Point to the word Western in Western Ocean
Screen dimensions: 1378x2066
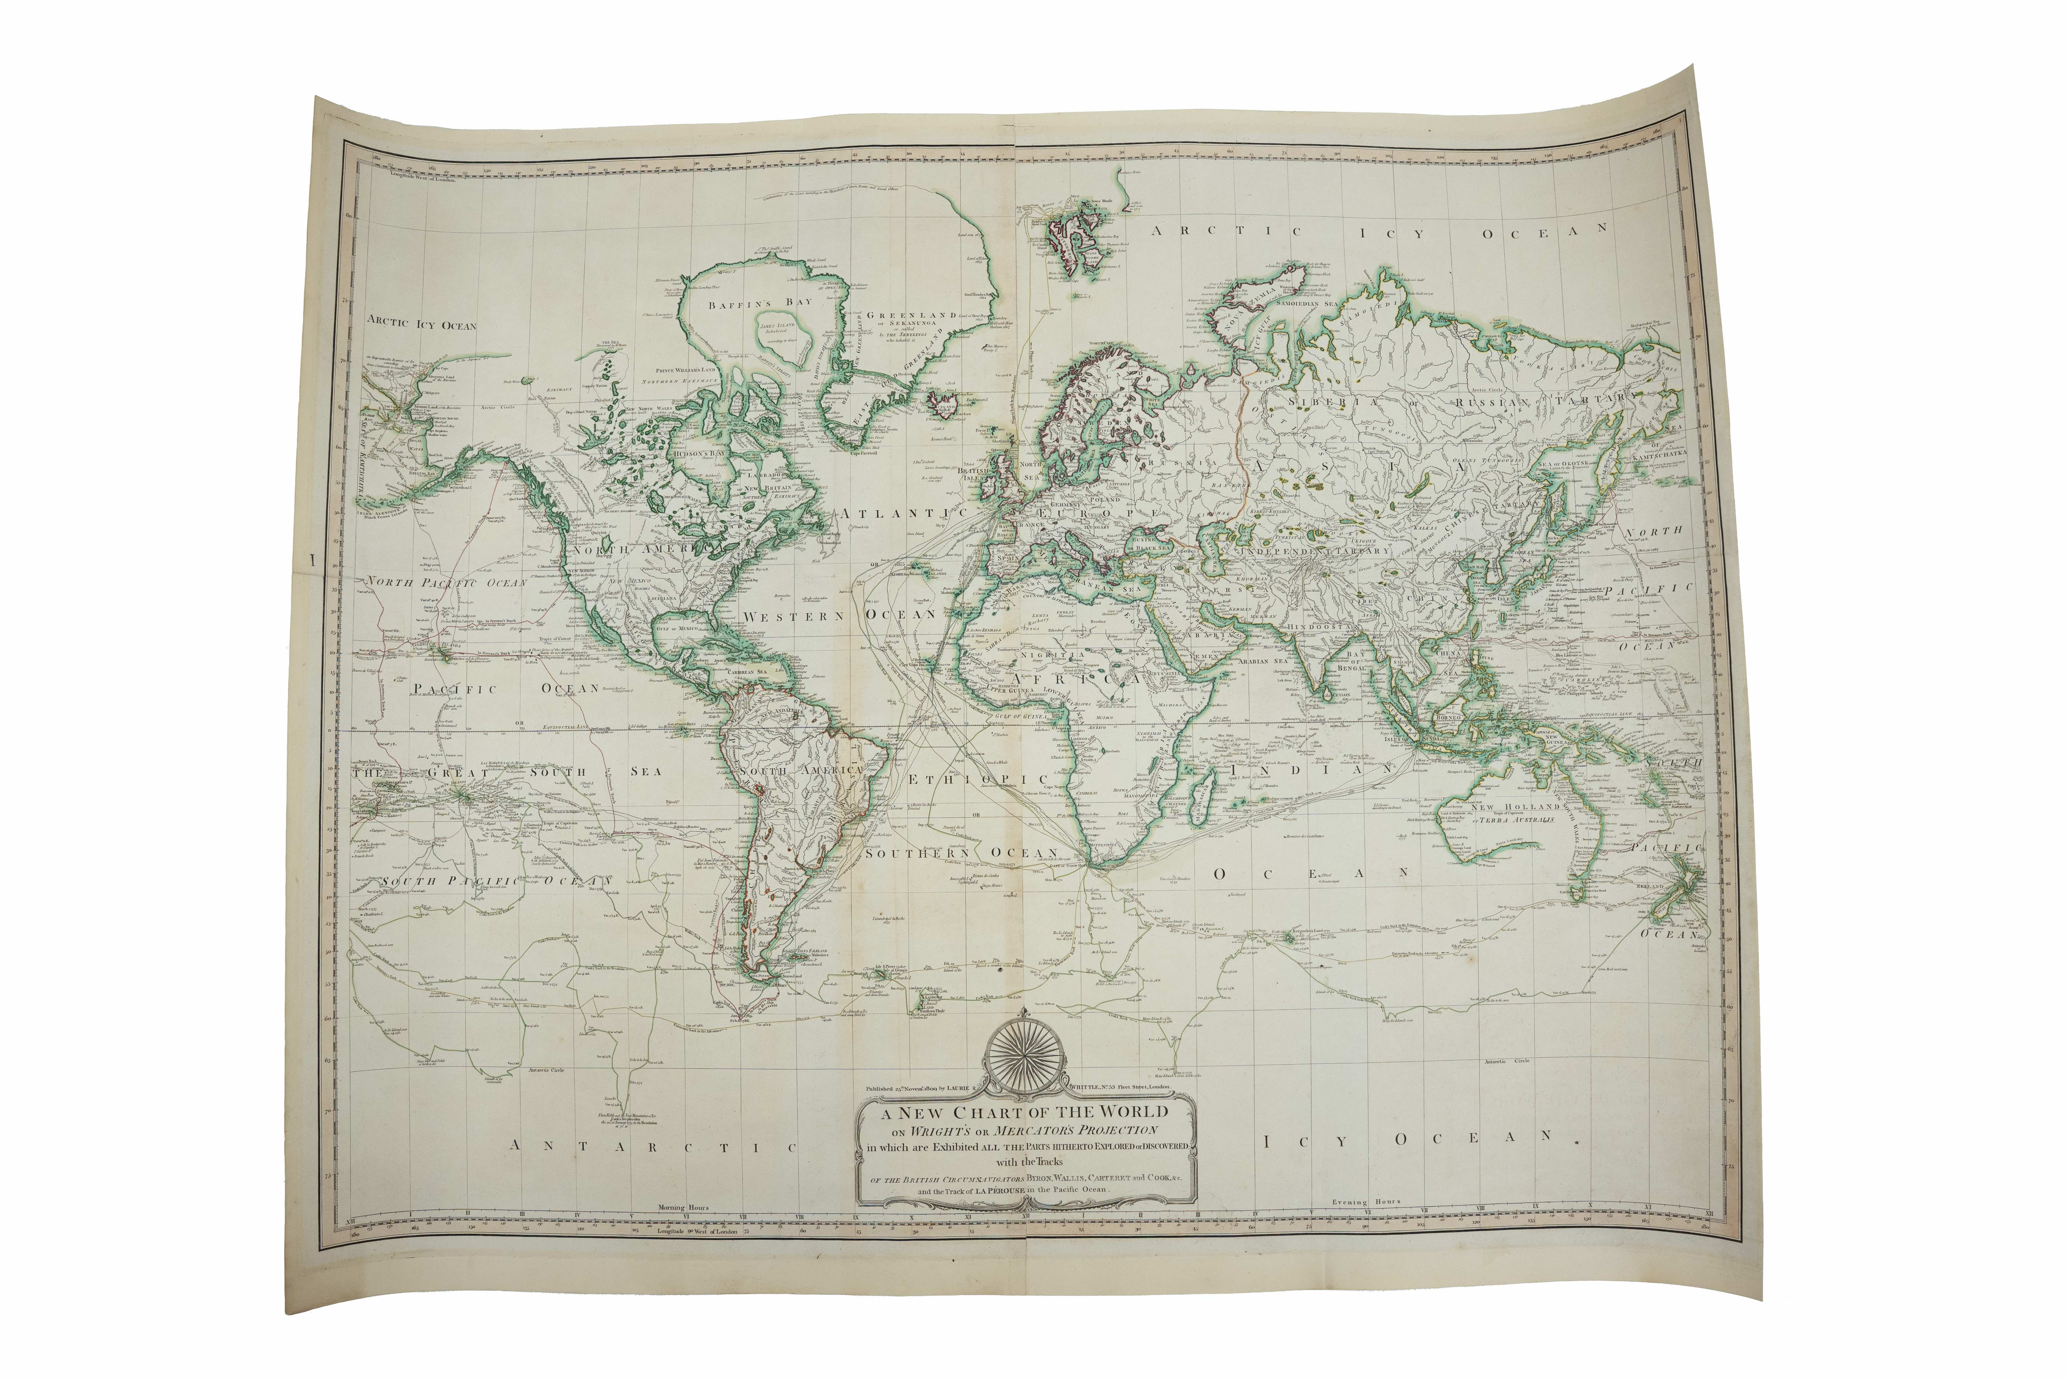click(x=793, y=617)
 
